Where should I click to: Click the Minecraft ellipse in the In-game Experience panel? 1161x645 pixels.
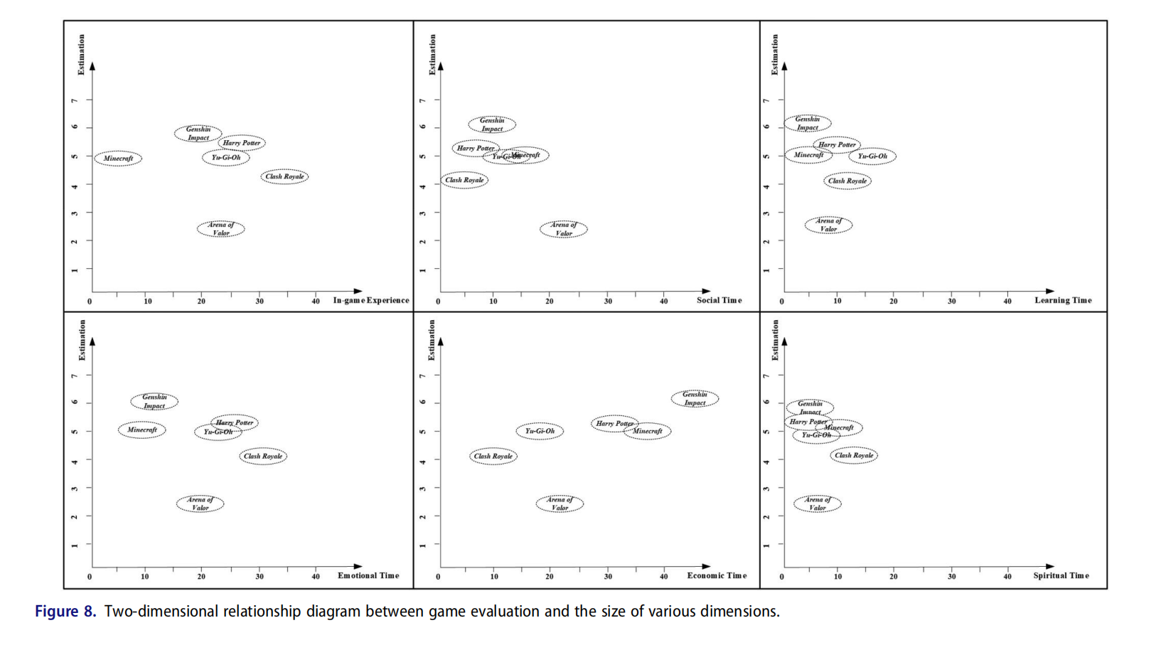[x=118, y=159]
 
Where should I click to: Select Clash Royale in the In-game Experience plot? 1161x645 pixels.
[x=284, y=176]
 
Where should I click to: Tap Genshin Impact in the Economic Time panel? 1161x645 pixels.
[x=695, y=399]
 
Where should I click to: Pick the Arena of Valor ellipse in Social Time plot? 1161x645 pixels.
[x=563, y=229]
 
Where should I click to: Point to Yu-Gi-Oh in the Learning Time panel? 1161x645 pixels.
[x=872, y=156]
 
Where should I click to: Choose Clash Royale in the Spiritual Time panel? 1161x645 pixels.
[x=854, y=455]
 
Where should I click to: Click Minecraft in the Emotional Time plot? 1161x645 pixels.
[x=142, y=430]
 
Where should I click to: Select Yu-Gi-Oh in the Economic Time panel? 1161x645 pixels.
[x=540, y=431]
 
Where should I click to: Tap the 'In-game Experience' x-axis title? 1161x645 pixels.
[x=371, y=300]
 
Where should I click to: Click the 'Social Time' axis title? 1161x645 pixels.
[x=719, y=300]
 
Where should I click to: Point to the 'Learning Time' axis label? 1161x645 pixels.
[x=1063, y=300]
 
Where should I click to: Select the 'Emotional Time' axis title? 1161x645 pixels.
[x=368, y=575]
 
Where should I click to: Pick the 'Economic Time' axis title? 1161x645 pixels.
[x=717, y=575]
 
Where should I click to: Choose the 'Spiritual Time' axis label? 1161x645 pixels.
[x=1061, y=575]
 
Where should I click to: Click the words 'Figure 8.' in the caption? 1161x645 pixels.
[x=65, y=612]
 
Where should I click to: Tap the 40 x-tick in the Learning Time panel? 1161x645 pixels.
[x=1007, y=302]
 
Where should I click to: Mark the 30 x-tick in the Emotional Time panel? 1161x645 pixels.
[x=260, y=577]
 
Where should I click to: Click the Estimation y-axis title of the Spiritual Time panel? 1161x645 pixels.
[x=775, y=340]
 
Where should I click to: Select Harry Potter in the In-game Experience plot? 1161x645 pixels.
[x=242, y=143]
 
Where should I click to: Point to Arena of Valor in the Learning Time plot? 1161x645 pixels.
[x=828, y=225]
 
